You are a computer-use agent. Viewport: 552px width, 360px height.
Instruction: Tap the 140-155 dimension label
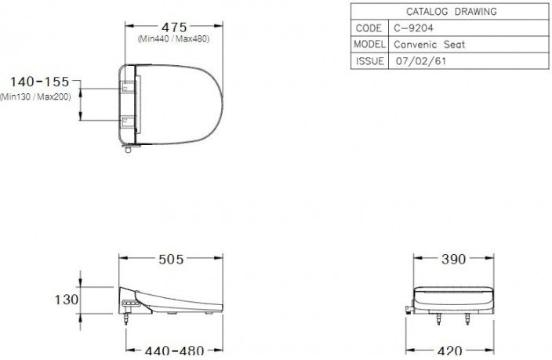pyautogui.click(x=40, y=82)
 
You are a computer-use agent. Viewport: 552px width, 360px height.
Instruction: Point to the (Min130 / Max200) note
pyautogui.click(x=35, y=96)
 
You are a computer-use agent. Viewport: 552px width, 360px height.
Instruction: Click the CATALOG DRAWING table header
pyautogui.click(x=450, y=12)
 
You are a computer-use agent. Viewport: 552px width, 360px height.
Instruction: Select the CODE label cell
pyautogui.click(x=369, y=28)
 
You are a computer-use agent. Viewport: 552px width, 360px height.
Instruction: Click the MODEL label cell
pyautogui.click(x=369, y=45)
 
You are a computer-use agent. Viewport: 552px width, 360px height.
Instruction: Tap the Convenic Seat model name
pyautogui.click(x=429, y=45)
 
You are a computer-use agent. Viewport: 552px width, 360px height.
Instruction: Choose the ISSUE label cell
pyautogui.click(x=369, y=61)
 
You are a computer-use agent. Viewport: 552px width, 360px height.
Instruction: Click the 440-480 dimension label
pyautogui.click(x=172, y=351)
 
